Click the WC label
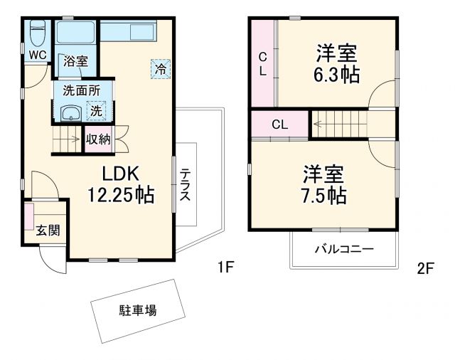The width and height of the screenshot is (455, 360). coord(38,55)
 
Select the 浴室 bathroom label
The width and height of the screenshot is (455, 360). coord(75,61)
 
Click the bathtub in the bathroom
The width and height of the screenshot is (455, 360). coord(77,33)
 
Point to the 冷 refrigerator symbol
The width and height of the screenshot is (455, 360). coord(161,68)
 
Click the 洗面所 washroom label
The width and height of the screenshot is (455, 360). coord(81,90)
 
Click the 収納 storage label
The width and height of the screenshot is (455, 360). coord(98,139)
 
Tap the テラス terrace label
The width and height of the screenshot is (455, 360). coord(185,185)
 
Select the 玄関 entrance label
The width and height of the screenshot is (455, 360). coord(48,230)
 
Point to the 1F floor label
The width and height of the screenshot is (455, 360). coord(226,268)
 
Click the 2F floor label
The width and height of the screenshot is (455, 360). coord(425,268)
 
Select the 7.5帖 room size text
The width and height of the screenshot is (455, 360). coord(325,194)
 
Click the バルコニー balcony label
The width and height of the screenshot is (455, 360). coord(344,250)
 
